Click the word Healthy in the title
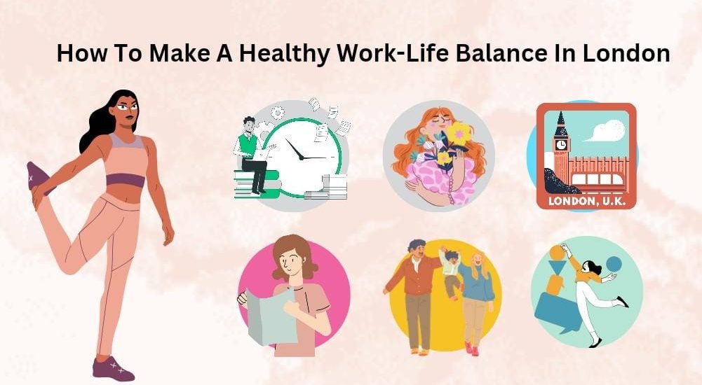coord(285,54)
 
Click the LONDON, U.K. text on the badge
coord(586,201)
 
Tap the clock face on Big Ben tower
coord(560,144)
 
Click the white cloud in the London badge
coord(605,130)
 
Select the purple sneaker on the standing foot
coord(113,368)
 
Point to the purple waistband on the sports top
coord(126,181)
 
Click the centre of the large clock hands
coord(302,157)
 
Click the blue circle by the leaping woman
coord(614,263)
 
